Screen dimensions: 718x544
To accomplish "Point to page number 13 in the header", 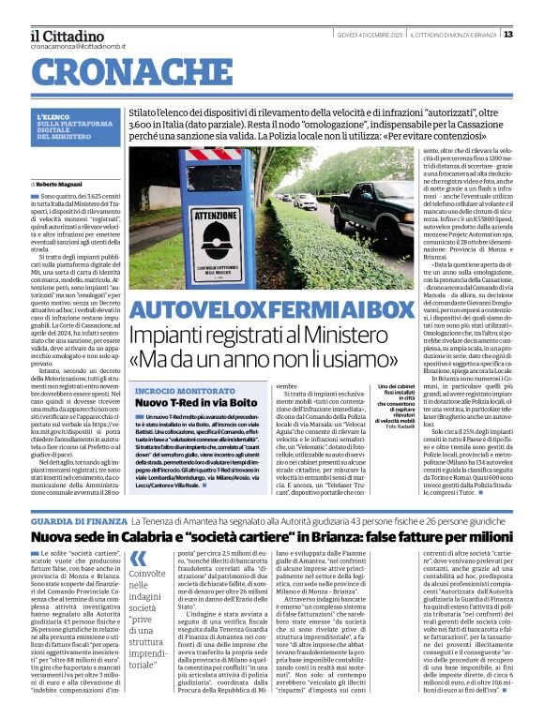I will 535,35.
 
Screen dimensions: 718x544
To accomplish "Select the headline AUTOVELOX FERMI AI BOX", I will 271,310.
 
